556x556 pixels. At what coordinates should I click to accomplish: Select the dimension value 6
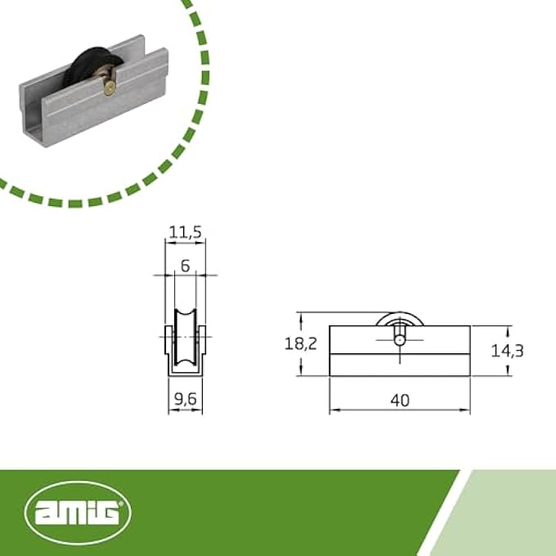click(x=185, y=266)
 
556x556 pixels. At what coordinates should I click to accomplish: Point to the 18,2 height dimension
click(x=300, y=344)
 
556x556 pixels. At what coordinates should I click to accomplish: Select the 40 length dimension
click(x=400, y=399)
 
